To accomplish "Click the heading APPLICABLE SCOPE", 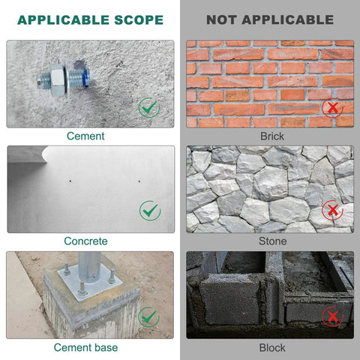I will (90, 19).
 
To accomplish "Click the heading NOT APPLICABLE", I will (270, 19).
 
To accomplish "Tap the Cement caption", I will (85, 136).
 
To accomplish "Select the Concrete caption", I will (86, 241).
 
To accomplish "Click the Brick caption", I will (272, 136).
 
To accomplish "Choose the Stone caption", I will (272, 241).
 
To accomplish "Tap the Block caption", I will (272, 347).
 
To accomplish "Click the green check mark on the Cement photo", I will (149, 107).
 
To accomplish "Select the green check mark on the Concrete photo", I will (150, 211).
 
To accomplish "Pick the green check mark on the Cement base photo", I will (149, 316).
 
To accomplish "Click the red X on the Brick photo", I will (332, 107).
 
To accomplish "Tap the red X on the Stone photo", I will (332, 211).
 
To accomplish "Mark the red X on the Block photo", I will (332, 316).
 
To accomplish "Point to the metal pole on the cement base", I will (89, 266).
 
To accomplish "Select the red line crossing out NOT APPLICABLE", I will (270, 20).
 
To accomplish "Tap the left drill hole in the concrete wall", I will (68, 180).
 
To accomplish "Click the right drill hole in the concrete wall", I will (139, 180).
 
